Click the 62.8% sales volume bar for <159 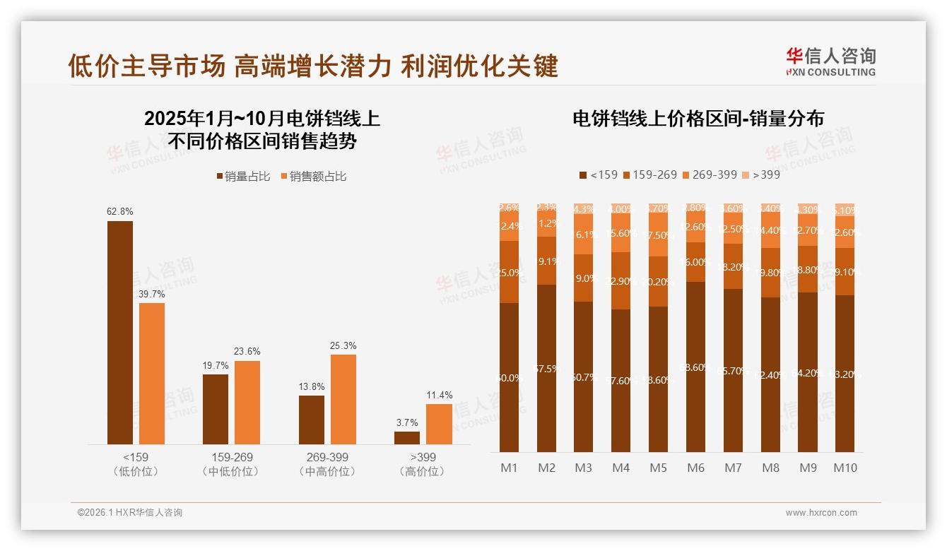coord(120,332)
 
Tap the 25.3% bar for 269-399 coord(343,399)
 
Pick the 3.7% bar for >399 coord(407,437)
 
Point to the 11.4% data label coord(439,395)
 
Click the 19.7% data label coord(216,365)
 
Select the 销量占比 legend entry coord(243,177)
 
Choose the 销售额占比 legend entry coord(314,177)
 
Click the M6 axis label coord(695,468)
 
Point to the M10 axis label coord(845,468)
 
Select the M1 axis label coord(509,468)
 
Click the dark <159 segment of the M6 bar coord(695,367)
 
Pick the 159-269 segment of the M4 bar coord(620,281)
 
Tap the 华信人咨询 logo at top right coord(830,61)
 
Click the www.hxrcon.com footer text coord(821,513)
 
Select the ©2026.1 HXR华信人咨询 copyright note coord(130,513)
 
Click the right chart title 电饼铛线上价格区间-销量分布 coord(698,119)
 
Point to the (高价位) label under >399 coord(423,472)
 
